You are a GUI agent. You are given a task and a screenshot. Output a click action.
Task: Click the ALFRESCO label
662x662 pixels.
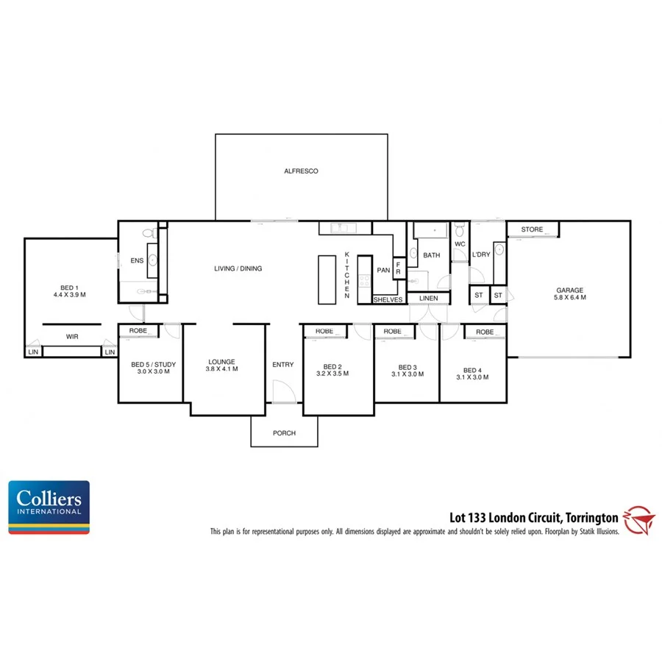pos(301,171)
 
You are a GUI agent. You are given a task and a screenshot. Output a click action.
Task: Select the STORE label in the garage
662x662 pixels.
pos(532,229)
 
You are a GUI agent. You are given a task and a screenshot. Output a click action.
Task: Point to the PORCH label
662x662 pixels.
pos(284,433)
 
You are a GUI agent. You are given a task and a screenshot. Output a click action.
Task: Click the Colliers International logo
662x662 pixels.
pos(49,507)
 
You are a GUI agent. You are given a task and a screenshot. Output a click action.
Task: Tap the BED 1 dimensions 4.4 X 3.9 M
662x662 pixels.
pos(70,295)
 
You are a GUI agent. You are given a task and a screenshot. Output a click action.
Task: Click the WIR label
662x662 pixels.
pos(72,337)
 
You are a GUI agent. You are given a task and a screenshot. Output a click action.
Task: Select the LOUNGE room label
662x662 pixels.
pos(221,361)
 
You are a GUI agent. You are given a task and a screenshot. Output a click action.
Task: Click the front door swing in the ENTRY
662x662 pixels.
pos(282,391)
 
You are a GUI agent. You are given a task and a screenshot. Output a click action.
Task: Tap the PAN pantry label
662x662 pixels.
pos(383,270)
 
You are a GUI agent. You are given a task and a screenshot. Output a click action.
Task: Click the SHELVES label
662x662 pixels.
pos(388,299)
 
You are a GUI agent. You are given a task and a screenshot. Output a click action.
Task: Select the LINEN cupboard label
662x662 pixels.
pos(428,298)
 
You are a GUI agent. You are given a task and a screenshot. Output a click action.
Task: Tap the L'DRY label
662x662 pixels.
pos(481,255)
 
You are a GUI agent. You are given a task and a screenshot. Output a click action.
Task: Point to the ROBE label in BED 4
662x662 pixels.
pos(485,332)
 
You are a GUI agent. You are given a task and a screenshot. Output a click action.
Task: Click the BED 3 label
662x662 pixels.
pos(407,367)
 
